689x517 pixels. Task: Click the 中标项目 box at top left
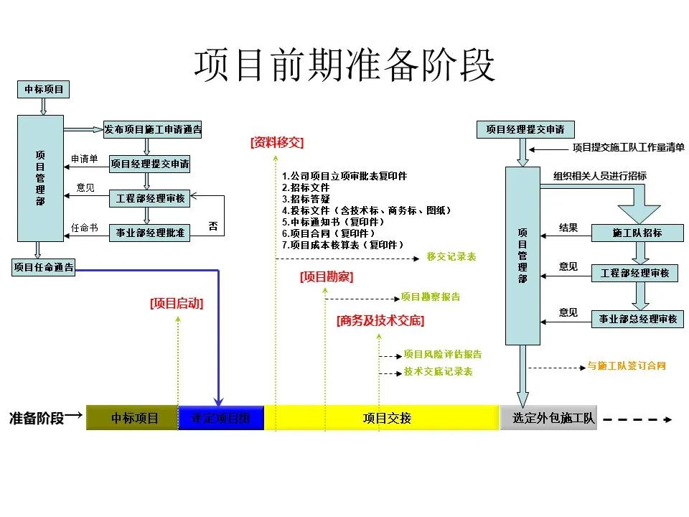[44, 90]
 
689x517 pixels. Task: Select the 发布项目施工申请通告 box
[153, 130]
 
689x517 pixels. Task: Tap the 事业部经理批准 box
[150, 233]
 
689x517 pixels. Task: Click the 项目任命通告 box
[44, 268]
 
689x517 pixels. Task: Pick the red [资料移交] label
[277, 143]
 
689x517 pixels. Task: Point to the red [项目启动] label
[177, 304]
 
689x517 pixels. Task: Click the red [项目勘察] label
[327, 277]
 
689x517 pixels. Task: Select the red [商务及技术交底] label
[380, 321]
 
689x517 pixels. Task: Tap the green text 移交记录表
[451, 256]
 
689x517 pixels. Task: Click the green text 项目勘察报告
[431, 297]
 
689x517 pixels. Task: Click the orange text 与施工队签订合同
[627, 366]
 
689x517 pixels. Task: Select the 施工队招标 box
[637, 233]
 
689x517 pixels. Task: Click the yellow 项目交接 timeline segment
[382, 418]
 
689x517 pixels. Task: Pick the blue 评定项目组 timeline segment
[221, 418]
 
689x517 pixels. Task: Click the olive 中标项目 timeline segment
[133, 418]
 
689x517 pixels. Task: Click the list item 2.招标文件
[306, 187]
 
